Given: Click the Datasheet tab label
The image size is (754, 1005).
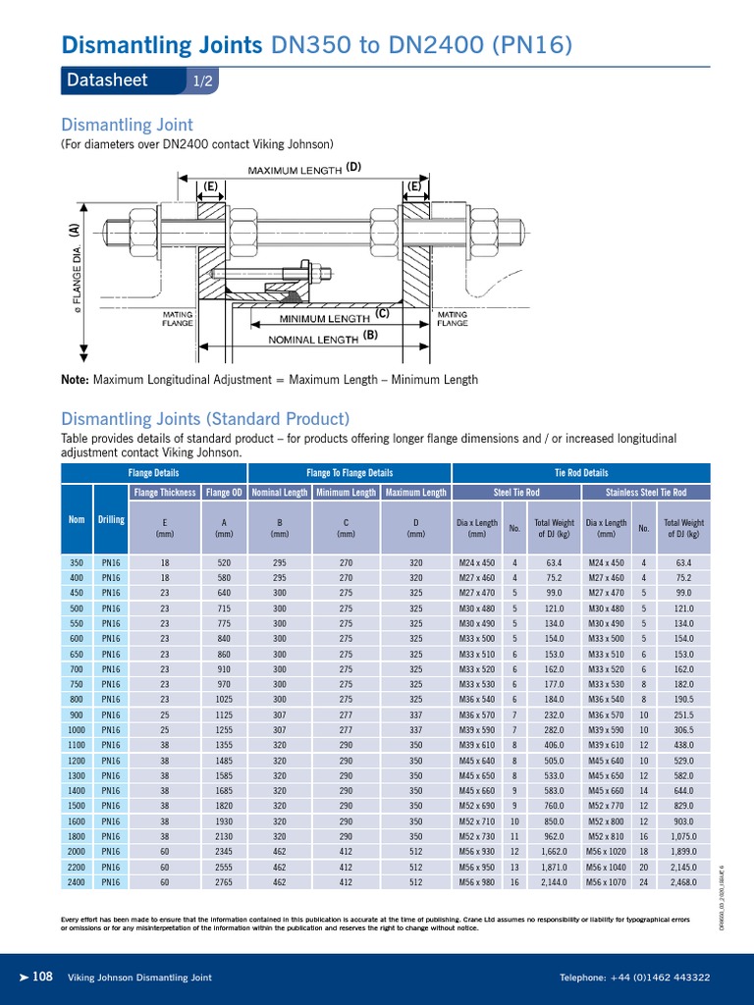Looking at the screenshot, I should pyautogui.click(x=107, y=81).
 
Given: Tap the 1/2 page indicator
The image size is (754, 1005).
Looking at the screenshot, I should pyautogui.click(x=201, y=82).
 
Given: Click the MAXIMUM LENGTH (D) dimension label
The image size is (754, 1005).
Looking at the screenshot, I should pyautogui.click(x=304, y=169).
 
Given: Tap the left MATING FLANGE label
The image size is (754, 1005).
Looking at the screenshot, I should pyautogui.click(x=178, y=318).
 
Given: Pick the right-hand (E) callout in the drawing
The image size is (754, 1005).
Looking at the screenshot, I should pyautogui.click(x=413, y=185).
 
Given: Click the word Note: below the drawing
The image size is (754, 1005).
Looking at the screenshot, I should pyautogui.click(x=75, y=380).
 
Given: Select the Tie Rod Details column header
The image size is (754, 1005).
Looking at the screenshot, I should pyautogui.click(x=581, y=473).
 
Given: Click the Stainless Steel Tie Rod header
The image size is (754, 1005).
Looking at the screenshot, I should pyautogui.click(x=645, y=492).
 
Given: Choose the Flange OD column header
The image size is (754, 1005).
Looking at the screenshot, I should pyautogui.click(x=224, y=492).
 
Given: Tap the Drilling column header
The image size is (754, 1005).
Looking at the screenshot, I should pyautogui.click(x=111, y=519).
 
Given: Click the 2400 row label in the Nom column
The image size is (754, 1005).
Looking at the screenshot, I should pyautogui.click(x=77, y=882).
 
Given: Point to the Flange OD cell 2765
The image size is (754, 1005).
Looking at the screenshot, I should pyautogui.click(x=224, y=882).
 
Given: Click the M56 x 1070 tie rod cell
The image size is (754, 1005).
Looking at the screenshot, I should pyautogui.click(x=606, y=882).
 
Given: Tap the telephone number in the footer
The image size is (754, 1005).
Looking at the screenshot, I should pyautogui.click(x=634, y=978).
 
